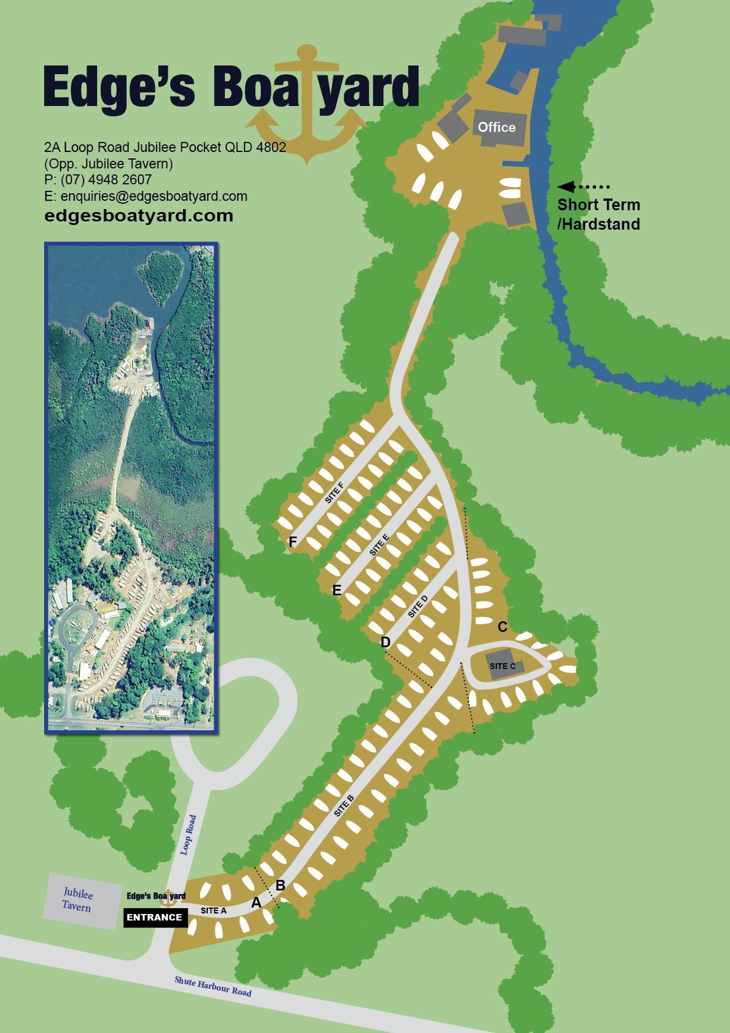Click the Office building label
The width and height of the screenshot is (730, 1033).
[496, 127]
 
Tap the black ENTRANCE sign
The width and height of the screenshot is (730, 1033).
[155, 917]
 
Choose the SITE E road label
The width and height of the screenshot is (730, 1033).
[379, 545]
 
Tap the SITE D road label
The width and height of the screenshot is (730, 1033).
[418, 607]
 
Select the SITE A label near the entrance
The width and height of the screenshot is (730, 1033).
[213, 911]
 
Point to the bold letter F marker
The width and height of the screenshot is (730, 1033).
[293, 542]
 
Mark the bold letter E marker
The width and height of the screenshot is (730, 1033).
[337, 590]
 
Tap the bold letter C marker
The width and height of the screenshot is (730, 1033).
[502, 627]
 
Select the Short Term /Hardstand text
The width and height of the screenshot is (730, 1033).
[598, 214]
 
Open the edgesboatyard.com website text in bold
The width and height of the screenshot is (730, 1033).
[139, 216]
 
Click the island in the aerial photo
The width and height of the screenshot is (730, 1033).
[160, 274]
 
